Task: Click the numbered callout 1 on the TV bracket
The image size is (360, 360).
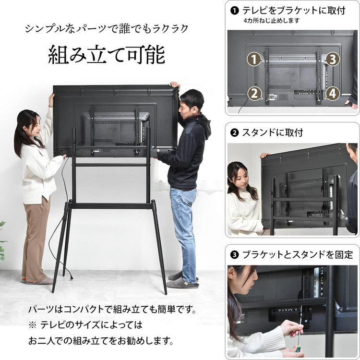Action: [x=254, y=60]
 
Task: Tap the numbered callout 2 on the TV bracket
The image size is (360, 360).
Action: [x=254, y=93]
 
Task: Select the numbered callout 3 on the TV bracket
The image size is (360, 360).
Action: [x=332, y=60]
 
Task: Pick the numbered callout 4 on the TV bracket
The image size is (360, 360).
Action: [x=332, y=93]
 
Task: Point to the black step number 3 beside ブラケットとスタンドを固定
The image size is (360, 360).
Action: [x=235, y=255]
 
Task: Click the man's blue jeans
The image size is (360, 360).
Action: [x=184, y=226]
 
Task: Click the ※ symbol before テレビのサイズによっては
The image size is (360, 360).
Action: [x=32, y=325]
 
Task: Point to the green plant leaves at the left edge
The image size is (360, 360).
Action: [x=2, y=240]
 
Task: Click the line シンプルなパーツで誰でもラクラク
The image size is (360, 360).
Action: [x=106, y=28]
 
